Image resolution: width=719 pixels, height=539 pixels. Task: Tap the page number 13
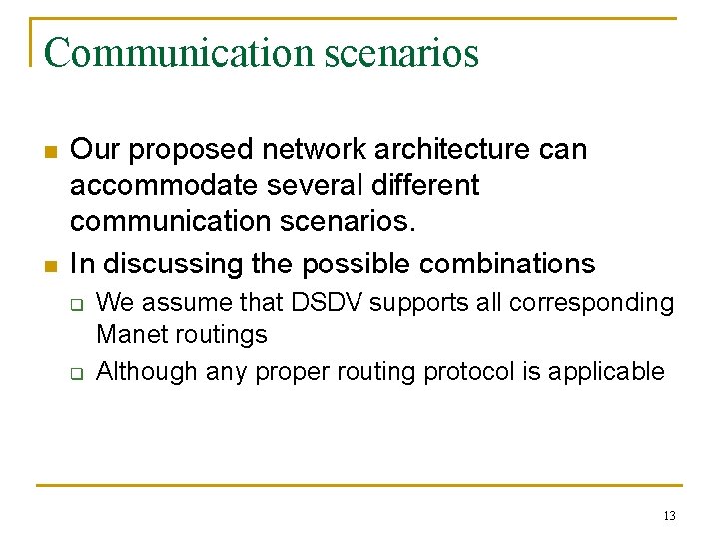[x=669, y=516]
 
